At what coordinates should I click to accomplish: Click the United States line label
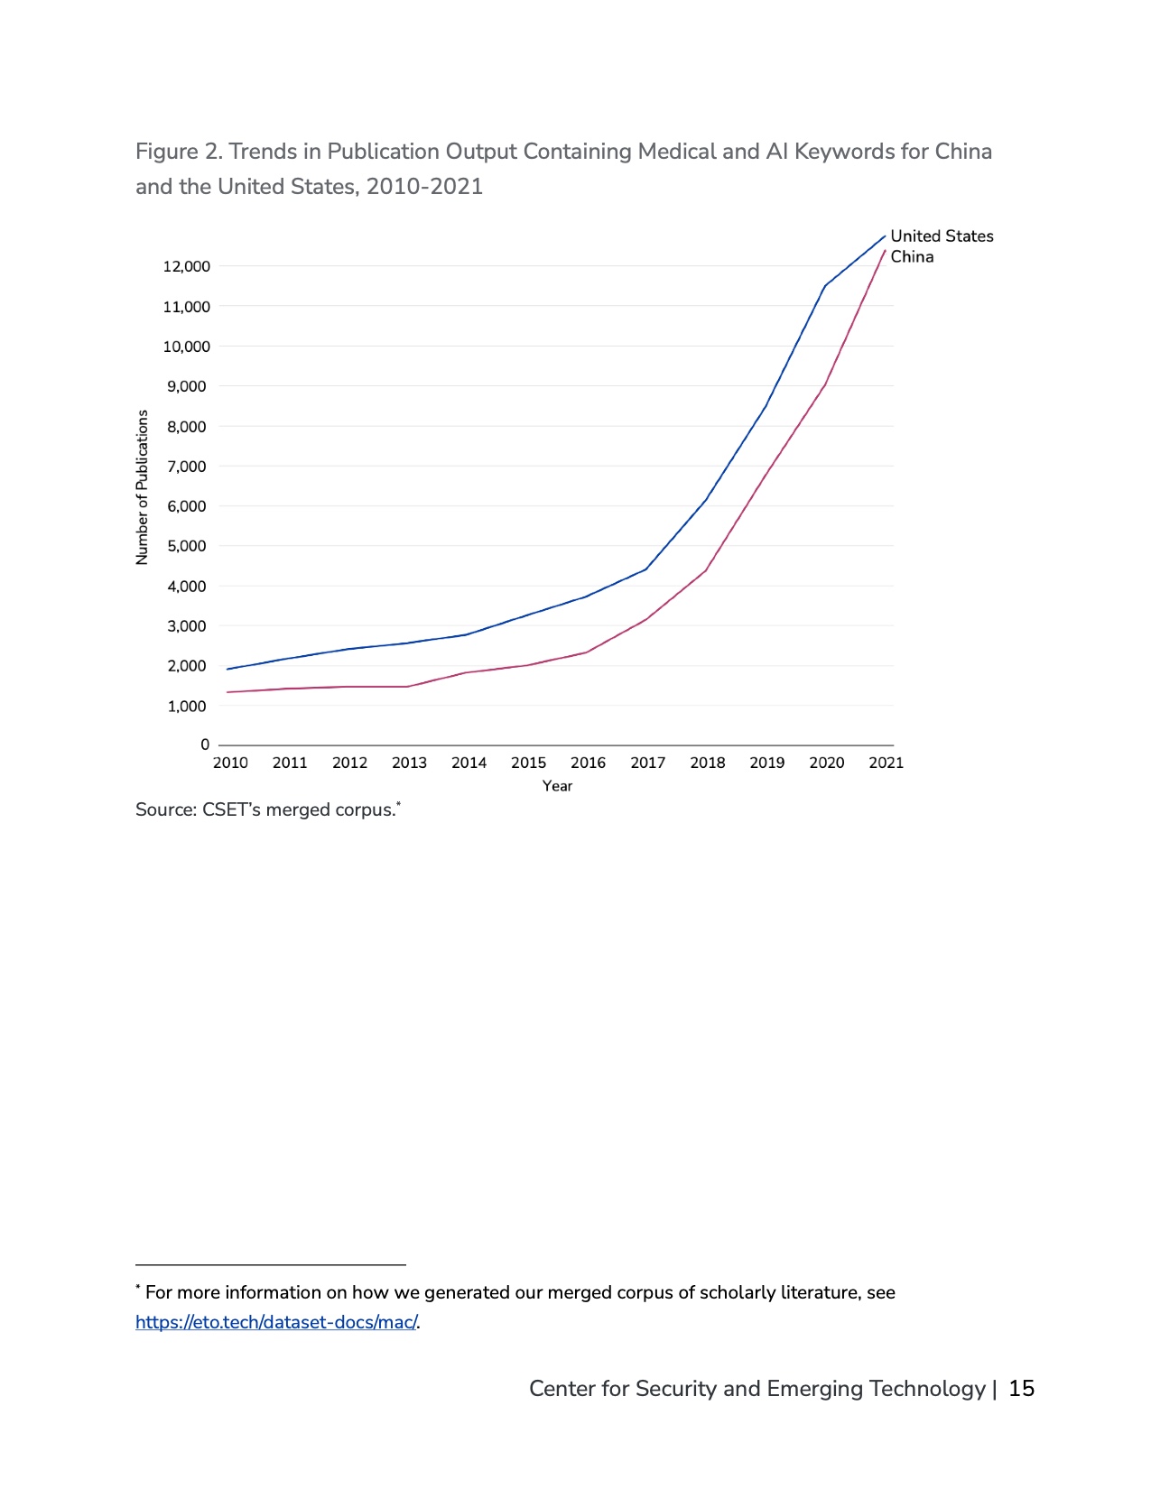[x=942, y=236]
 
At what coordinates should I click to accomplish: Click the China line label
[x=912, y=257]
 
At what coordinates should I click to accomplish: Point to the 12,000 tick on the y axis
[x=187, y=266]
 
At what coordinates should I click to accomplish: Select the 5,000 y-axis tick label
[x=187, y=546]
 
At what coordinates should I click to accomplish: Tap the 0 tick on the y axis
[x=205, y=744]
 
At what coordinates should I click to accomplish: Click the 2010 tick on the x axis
[x=230, y=763]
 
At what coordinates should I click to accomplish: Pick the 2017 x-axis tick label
[x=647, y=763]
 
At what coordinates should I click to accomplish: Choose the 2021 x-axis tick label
[x=886, y=763]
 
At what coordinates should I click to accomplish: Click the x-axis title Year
[x=557, y=786]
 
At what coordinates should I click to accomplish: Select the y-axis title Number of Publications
[x=142, y=487]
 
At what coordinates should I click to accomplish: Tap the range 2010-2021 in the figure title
[x=424, y=187]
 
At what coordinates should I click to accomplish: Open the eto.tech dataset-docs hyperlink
[x=276, y=1322]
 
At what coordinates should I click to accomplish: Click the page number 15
[x=1021, y=1389]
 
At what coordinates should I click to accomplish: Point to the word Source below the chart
[x=165, y=809]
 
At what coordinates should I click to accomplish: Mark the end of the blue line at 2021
[x=885, y=236]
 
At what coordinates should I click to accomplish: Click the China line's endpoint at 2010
[x=227, y=692]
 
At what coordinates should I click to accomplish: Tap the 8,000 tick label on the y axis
[x=187, y=426]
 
